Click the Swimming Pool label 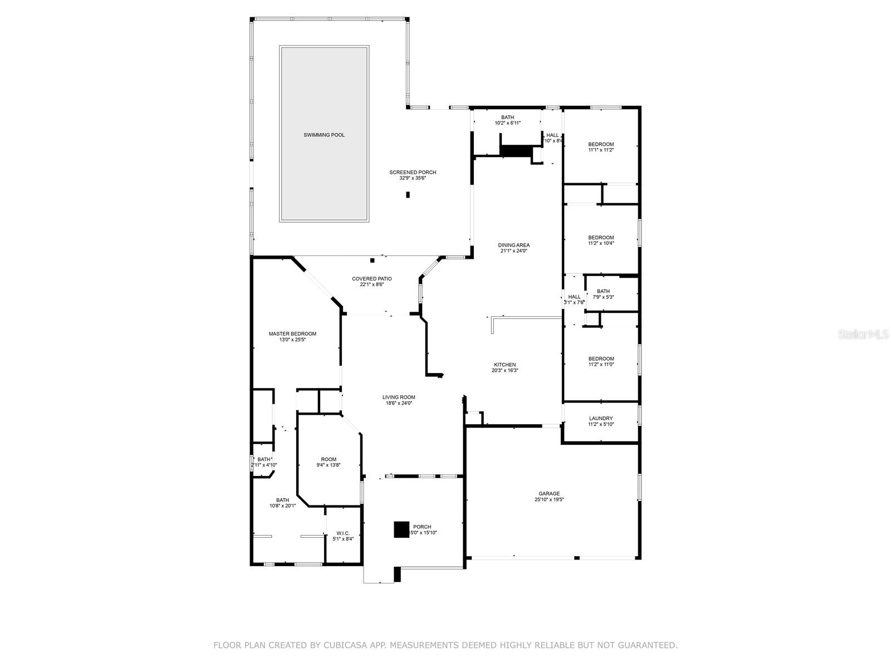coord(324,135)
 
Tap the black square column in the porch coord(402,529)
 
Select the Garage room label coord(549,493)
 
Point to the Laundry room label coord(600,419)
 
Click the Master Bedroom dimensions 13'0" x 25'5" coord(292,340)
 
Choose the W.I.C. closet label coord(342,533)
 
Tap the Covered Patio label coord(371,278)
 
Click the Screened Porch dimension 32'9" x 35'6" coord(412,178)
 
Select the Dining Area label coord(513,245)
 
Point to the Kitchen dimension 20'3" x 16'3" coord(505,370)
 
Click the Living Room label coord(399,397)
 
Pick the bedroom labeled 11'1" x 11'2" coord(601,147)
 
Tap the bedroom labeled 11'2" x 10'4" coord(601,240)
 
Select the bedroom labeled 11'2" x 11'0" coord(601,362)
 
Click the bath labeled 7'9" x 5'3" coord(603,294)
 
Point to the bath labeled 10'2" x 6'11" coord(507,120)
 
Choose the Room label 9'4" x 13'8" coord(329,462)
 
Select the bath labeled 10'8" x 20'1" coord(282,503)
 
